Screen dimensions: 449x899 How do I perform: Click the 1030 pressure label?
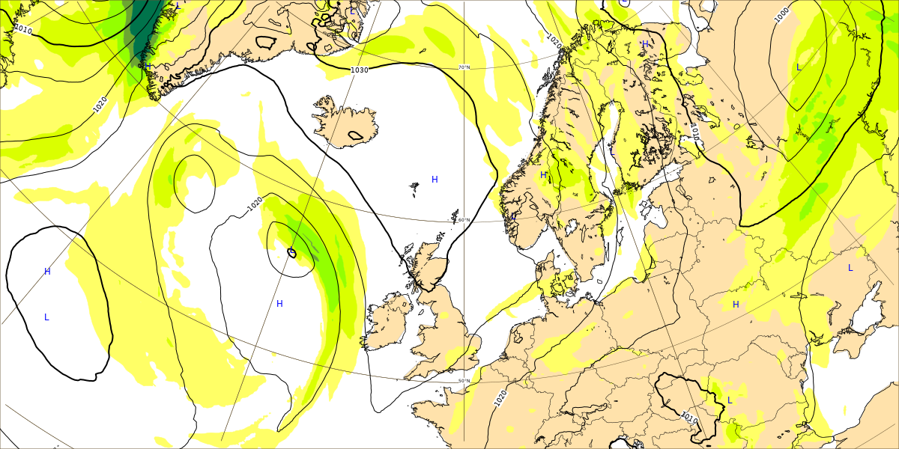[360, 70]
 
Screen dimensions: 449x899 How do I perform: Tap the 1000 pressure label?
[781, 15]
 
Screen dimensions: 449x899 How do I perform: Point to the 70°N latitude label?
[464, 67]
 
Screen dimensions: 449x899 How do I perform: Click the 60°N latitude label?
[464, 219]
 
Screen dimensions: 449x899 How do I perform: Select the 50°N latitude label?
[464, 381]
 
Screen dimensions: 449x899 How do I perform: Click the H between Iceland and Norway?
[435, 179]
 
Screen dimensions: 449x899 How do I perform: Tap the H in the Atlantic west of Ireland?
[279, 303]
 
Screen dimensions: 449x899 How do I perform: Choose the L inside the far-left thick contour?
[46, 317]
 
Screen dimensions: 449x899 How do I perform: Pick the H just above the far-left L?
[47, 271]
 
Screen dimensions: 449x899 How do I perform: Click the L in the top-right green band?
[799, 67]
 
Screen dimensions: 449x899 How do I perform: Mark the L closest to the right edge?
[850, 267]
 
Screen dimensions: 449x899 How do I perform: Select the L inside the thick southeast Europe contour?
[730, 400]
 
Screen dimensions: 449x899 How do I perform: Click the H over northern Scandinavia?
[645, 44]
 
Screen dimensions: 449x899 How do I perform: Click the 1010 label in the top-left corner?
[23, 30]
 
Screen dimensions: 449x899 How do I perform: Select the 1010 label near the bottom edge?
[688, 417]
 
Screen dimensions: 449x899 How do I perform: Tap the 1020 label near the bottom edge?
[500, 397]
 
